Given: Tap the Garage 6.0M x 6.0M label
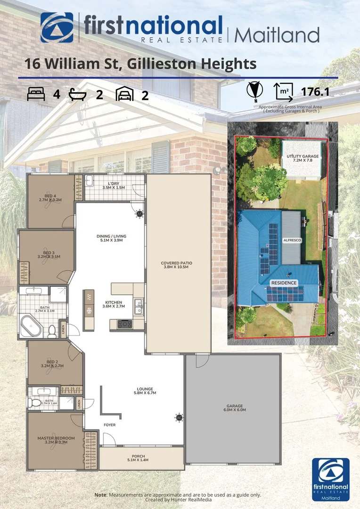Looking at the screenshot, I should (234, 408).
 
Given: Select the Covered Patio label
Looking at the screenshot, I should (176, 265).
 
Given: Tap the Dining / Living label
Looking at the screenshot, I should (111, 238).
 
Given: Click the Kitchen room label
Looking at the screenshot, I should (114, 304).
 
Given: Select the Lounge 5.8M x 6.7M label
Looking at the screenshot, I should (145, 390).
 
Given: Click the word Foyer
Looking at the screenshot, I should (110, 425).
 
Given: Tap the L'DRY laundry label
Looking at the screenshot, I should (114, 185).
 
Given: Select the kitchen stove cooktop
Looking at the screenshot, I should (124, 323).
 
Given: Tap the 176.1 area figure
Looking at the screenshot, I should (315, 92).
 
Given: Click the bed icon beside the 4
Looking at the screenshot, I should (36, 95).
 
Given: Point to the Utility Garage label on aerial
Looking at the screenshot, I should (303, 158).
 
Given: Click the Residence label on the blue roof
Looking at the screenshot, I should (284, 283).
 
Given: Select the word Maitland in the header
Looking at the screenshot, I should (277, 34).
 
